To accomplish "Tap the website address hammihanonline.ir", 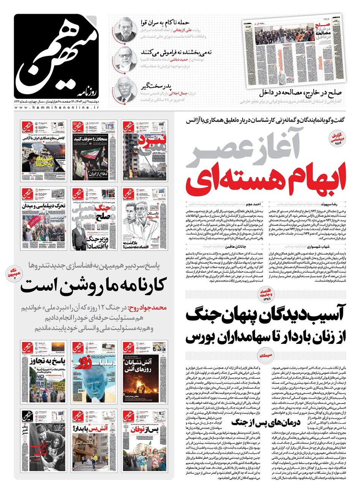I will [x=57, y=108].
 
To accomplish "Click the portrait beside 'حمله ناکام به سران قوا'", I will [x=126, y=28].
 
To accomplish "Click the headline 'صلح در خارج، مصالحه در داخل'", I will [x=300, y=92].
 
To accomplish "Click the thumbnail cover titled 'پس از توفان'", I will [x=144, y=441].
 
